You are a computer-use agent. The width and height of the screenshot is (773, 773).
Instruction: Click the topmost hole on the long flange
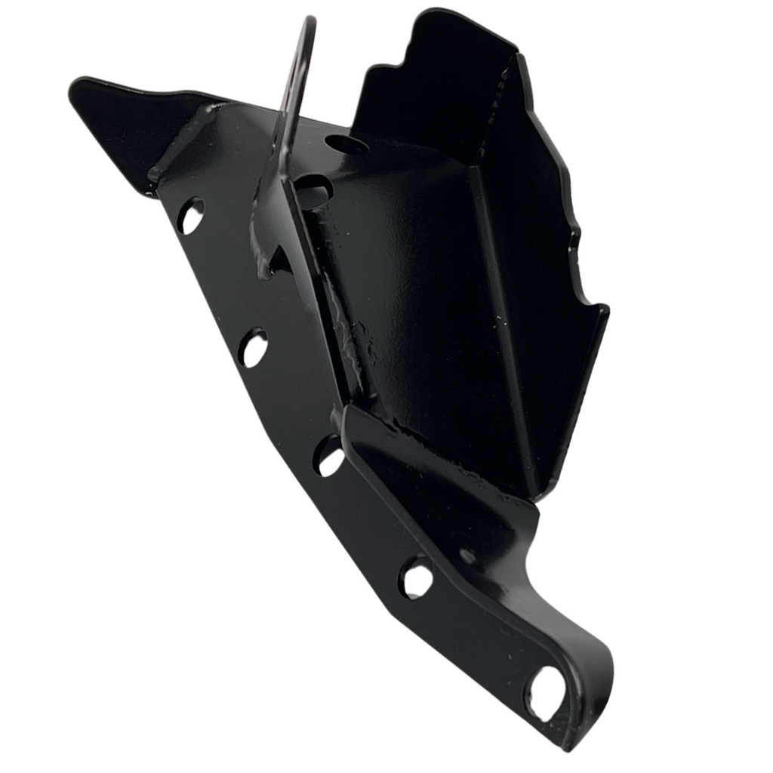point(190,216)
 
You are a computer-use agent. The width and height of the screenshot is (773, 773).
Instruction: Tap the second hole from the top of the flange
point(254,348)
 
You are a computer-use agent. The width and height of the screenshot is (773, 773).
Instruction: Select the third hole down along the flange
point(329,457)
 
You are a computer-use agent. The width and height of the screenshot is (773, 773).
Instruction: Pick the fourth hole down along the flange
point(416,578)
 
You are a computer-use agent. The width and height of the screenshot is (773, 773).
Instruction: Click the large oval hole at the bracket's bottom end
point(548,692)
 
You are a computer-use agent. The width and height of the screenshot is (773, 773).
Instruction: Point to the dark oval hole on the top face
point(348,145)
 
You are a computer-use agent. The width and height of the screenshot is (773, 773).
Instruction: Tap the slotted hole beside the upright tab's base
point(313,190)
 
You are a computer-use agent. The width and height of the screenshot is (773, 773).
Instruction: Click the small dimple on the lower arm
point(468,556)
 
